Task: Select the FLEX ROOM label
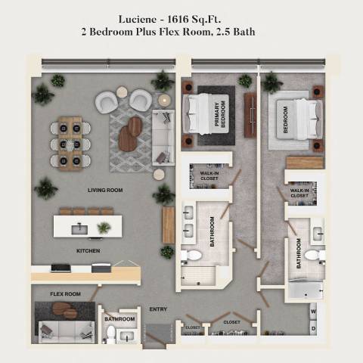65,293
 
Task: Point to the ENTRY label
159,309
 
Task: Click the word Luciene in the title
138,18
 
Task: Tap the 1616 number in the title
188,18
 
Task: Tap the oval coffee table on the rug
132,130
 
